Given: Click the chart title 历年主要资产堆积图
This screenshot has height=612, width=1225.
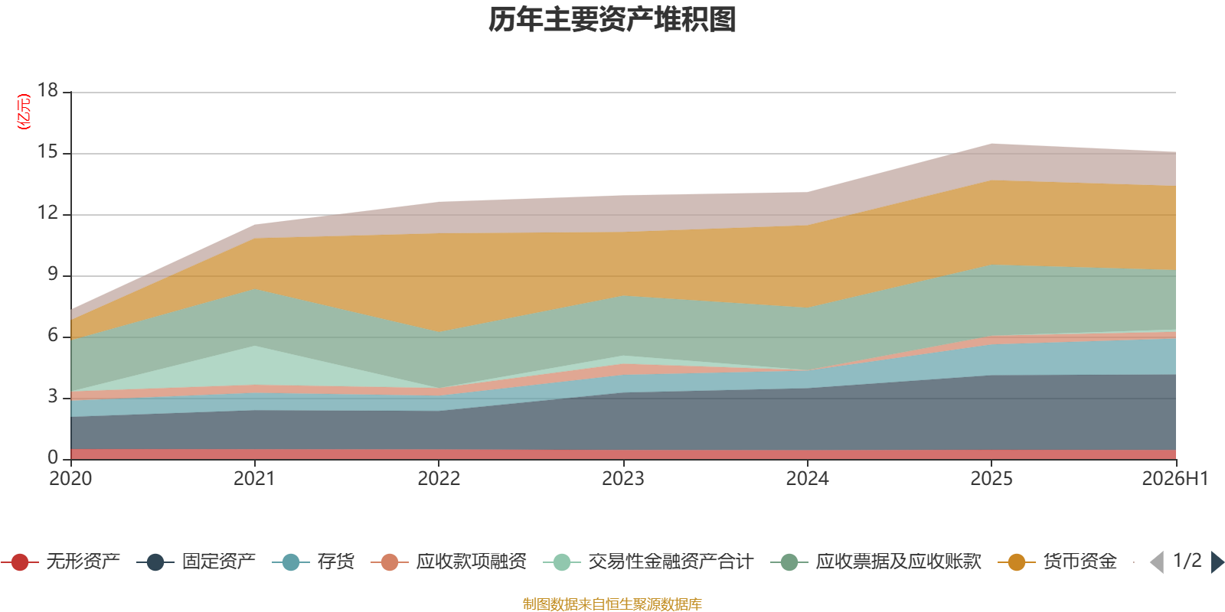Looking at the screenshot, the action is pos(612,20).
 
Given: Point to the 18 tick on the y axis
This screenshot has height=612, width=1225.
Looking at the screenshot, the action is pos(47,90).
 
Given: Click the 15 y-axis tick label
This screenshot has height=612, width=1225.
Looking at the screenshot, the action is pos(47,151).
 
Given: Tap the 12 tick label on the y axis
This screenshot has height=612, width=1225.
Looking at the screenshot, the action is pos(47,213).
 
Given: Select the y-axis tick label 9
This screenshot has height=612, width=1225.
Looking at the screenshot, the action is pos(53,274).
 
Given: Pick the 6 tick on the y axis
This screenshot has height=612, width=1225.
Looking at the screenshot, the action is pos(53,335).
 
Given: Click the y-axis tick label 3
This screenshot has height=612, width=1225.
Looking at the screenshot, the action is pos(53,396).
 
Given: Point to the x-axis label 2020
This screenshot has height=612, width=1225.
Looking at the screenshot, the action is pos(70,479).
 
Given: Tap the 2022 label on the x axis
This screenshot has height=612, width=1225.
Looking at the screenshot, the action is pos(439,479).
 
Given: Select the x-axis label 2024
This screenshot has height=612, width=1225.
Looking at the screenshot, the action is pos(807,479).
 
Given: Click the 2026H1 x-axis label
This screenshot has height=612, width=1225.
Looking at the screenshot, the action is pos(1174,479).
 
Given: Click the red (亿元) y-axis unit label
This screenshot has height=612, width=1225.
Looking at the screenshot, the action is pos(24,112).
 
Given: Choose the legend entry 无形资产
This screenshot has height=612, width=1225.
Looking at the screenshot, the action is pos(60,562).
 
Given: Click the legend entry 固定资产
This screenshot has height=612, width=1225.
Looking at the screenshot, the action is pos(196,562).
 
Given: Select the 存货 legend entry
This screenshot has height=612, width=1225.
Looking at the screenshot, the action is pos(313,562).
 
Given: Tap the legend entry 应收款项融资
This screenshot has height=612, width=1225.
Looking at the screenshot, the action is pos(449,562).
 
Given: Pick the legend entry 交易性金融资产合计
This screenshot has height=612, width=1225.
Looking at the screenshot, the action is pos(648,562).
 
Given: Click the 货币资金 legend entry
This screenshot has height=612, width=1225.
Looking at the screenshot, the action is pos(1057,562).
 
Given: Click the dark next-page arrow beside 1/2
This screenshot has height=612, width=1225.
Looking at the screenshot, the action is pos(1217,562).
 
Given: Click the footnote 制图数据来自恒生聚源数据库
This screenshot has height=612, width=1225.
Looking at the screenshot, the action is pos(612,604).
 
